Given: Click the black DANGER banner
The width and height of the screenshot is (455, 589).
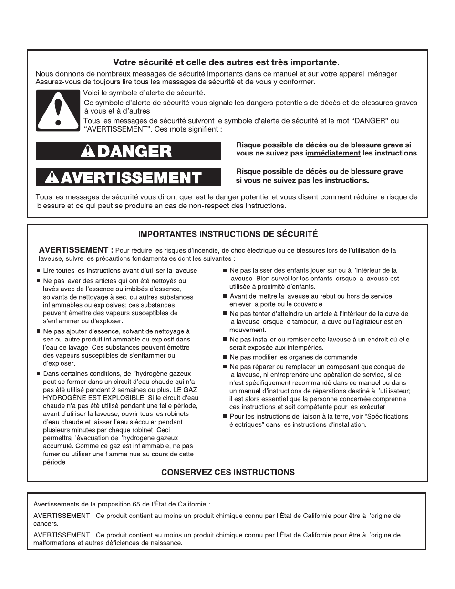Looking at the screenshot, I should point(128,151).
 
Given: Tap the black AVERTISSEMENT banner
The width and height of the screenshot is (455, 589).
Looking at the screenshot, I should point(128,177).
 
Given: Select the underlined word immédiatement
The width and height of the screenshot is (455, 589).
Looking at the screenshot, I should point(332,153).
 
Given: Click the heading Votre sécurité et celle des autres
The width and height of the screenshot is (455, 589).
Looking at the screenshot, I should point(227,62).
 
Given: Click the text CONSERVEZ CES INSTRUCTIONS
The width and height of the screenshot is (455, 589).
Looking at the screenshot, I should point(227,472).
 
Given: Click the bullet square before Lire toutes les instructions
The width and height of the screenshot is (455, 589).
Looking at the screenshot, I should point(38,271).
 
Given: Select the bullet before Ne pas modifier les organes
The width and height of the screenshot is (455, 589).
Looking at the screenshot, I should point(225,357).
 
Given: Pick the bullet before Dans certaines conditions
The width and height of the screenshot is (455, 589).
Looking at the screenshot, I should point(38,374).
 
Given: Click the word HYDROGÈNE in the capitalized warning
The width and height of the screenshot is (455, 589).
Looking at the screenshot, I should point(64,398).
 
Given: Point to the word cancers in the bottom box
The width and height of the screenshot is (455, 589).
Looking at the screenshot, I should point(46,524).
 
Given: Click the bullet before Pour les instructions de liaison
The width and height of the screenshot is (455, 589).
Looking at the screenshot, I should point(225,416).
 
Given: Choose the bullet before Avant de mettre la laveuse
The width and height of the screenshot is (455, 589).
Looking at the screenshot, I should point(225,296).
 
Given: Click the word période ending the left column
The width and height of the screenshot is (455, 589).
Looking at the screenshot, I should point(55,462).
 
